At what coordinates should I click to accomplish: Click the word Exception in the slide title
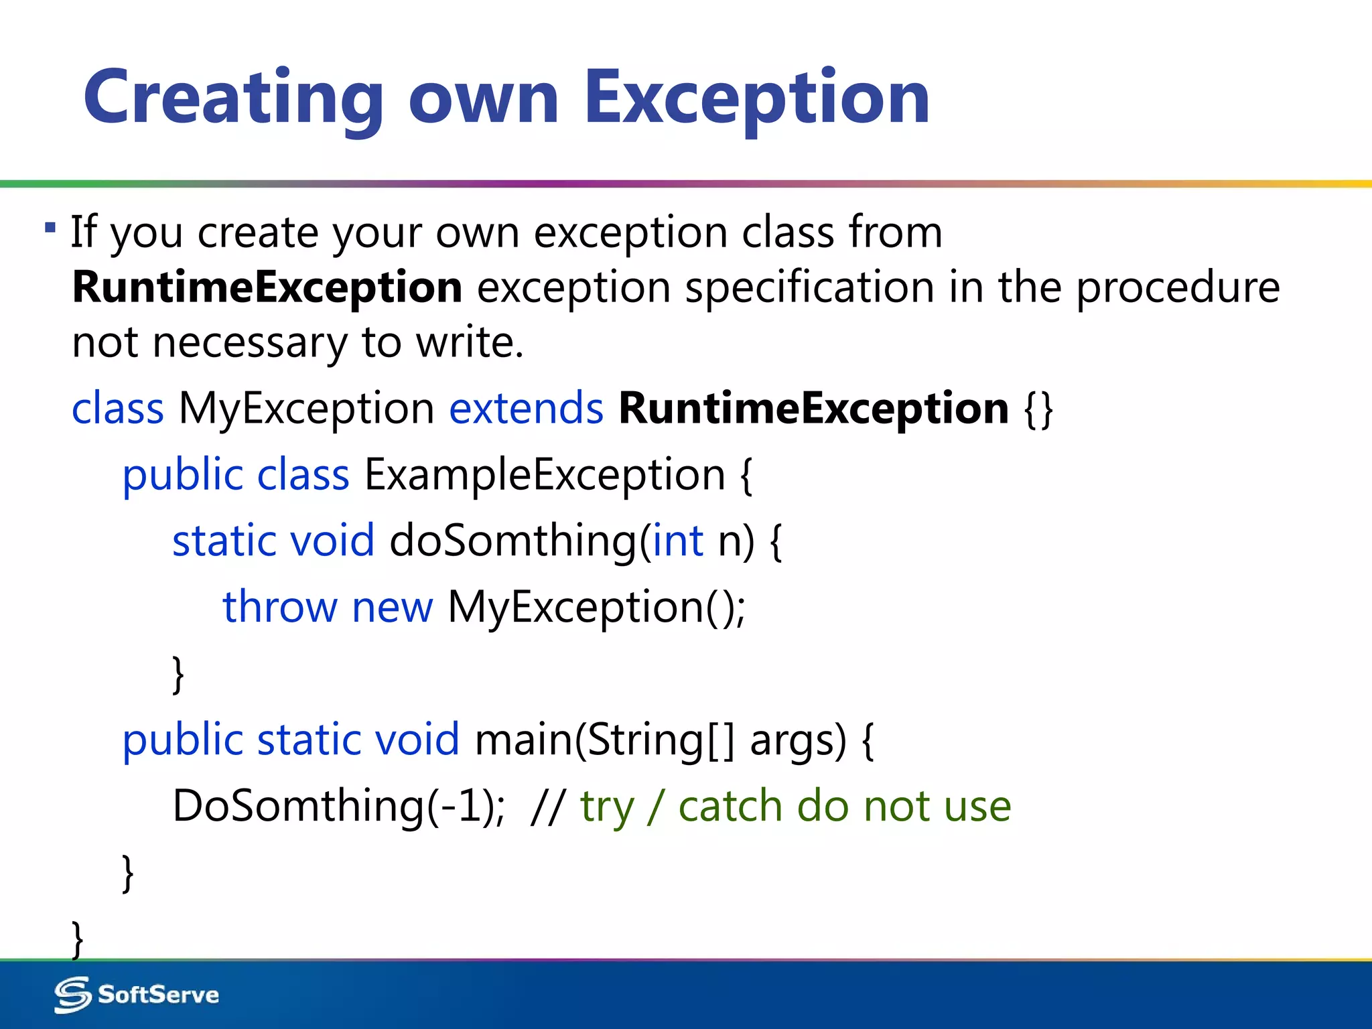[x=757, y=99]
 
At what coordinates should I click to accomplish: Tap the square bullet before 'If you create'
[x=50, y=228]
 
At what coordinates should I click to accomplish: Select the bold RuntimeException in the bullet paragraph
[x=267, y=287]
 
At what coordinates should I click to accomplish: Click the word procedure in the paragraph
[x=1178, y=287]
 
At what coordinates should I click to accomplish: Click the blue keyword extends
[x=526, y=408]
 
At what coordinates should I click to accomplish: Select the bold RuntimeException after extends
[x=813, y=408]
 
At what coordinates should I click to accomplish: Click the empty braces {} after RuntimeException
[x=1039, y=409]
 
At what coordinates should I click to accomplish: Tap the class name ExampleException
[x=545, y=474]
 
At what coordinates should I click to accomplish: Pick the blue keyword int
[x=678, y=541]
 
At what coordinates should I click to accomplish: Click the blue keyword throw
[x=279, y=607]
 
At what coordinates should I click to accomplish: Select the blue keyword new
[x=393, y=607]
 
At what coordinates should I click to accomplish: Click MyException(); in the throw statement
[x=596, y=607]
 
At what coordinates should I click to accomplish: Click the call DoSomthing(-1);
[x=338, y=805]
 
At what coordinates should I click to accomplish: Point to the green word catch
[x=730, y=805]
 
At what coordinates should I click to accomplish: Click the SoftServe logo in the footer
[x=137, y=994]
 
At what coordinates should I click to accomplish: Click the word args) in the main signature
[x=798, y=740]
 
